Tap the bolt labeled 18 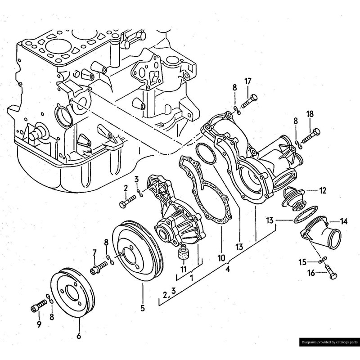(x=309, y=135)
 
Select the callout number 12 (x=323, y=190)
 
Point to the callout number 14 (x=344, y=221)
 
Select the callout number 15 (x=303, y=261)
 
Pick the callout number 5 (x=143, y=309)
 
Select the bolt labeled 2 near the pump (x=127, y=201)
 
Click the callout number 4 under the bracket (x=228, y=270)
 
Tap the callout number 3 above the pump (x=136, y=180)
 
